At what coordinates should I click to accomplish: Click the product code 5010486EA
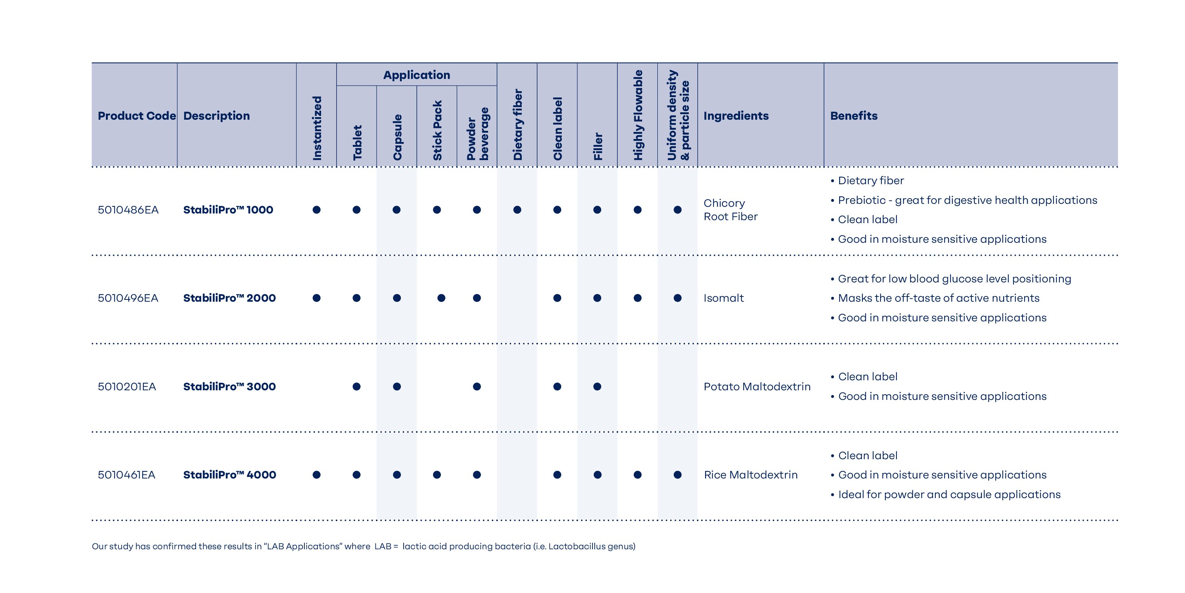[128, 210]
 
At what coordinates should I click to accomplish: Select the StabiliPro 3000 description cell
[229, 387]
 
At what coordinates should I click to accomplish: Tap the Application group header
[416, 75]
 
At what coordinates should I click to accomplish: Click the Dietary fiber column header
[518, 124]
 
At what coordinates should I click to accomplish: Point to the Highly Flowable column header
[638, 115]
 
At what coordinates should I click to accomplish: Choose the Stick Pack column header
[437, 130]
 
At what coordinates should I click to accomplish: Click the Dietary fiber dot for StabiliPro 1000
[517, 210]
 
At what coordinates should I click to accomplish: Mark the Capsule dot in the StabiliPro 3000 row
[397, 387]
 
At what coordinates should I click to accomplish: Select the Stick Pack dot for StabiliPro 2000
[441, 298]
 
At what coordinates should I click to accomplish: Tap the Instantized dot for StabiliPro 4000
[317, 475]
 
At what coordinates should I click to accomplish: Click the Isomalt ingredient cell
[723, 298]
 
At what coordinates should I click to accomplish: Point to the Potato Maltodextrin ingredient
[757, 387]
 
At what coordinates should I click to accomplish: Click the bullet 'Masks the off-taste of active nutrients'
[938, 298]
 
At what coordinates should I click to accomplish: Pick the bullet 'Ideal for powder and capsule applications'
[949, 494]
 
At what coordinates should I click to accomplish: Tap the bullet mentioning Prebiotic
[967, 200]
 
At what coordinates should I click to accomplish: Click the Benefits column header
[853, 116]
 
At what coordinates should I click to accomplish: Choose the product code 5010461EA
[127, 475]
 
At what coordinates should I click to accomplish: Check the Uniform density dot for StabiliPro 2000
[677, 298]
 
